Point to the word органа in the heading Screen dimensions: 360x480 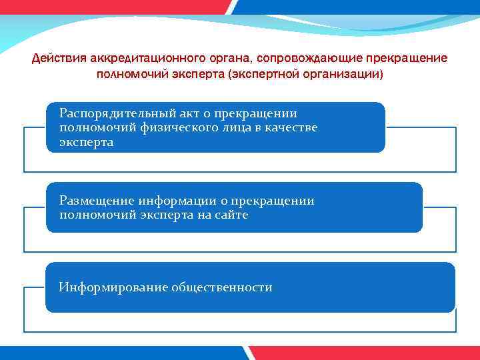[x=217, y=58]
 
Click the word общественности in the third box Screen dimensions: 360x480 [x=221, y=288]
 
